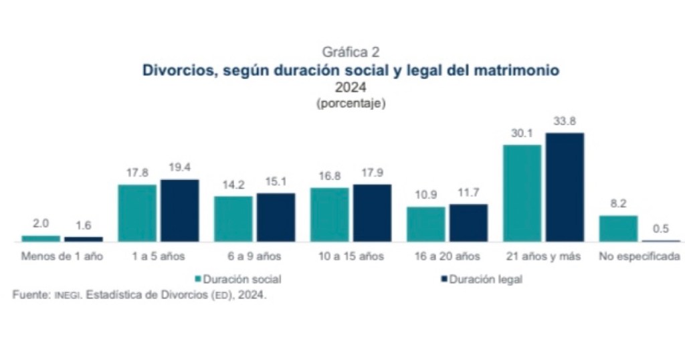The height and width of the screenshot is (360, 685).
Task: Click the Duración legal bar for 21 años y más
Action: tap(565, 187)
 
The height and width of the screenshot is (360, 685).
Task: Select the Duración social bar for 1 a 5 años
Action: tap(137, 212)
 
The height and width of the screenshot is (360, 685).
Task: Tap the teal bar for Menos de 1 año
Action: tap(41, 238)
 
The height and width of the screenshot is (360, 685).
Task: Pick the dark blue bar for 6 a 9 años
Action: tap(276, 217)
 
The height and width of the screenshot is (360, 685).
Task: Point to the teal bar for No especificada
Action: tap(618, 228)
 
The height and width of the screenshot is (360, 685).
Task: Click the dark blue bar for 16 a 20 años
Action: tap(468, 222)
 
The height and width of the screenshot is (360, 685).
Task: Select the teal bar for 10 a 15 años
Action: tap(330, 214)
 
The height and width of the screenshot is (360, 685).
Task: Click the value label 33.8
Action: tap(565, 122)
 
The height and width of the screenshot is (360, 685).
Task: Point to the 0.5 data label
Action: tap(661, 229)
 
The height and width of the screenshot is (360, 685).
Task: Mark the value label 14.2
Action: tap(233, 185)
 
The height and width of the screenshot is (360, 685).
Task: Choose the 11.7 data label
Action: tap(468, 193)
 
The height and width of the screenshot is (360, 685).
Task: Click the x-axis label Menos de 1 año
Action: tap(62, 256)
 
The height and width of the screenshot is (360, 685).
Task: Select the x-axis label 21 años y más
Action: tap(543, 256)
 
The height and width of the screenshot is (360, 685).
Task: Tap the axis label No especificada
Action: tap(640, 256)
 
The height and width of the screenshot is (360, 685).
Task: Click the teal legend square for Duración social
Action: tap(197, 279)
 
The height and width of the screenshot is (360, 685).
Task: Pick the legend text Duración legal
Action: tap(486, 279)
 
